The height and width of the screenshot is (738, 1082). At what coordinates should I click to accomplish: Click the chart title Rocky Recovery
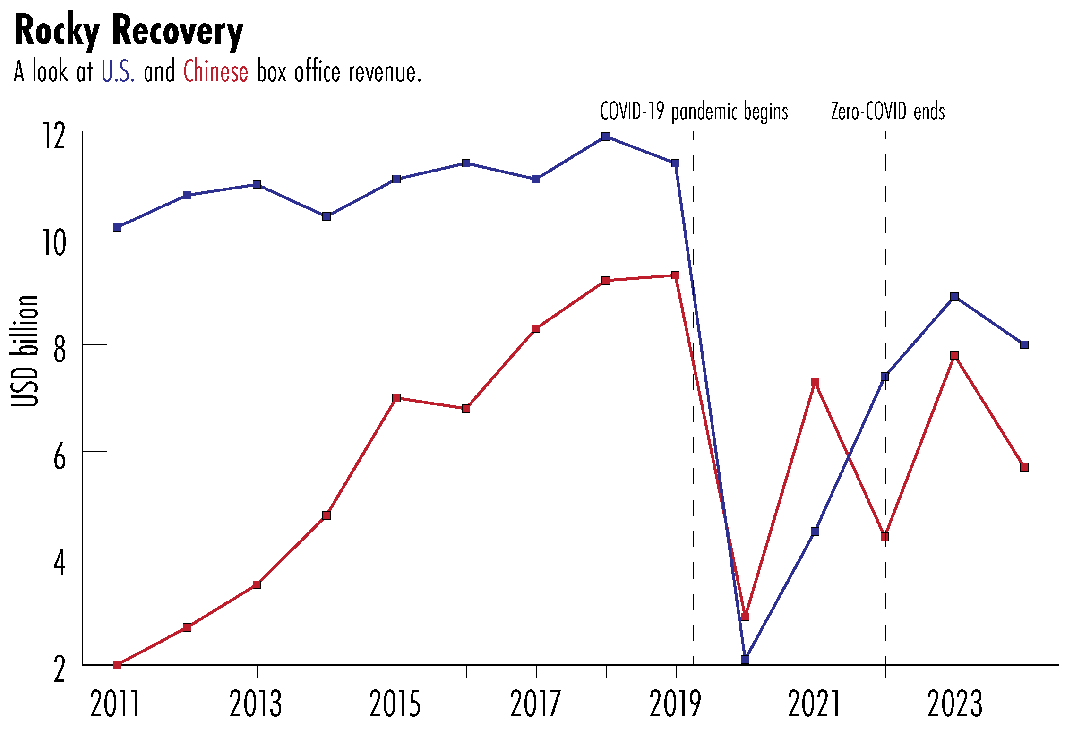coord(129,31)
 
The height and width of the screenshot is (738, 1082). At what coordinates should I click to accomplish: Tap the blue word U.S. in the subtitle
coord(118,72)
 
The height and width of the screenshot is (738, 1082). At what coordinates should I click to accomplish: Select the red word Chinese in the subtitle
coord(215,72)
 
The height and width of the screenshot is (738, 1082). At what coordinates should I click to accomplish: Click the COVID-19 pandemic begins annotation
coord(694,112)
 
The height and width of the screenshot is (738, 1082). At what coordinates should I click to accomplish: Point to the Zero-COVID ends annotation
coord(887,112)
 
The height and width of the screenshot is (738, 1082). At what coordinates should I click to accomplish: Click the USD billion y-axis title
coord(25,351)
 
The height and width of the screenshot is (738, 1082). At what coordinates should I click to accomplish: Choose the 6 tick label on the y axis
coord(60,457)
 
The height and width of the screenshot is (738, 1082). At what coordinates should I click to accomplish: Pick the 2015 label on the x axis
coord(395,704)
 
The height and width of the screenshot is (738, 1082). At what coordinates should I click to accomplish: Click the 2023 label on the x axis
coord(954,704)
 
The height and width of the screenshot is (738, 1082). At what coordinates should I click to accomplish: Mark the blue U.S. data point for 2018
coord(606,137)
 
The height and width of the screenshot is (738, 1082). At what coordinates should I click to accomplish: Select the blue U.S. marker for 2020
coord(745,659)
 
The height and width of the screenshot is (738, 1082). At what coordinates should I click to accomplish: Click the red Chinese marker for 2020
coord(745,617)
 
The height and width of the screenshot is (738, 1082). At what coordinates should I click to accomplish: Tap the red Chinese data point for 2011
coord(117,664)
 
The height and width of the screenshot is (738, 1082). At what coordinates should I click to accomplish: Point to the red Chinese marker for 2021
coord(815,382)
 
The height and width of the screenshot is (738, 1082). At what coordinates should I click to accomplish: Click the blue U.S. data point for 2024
coord(1024,344)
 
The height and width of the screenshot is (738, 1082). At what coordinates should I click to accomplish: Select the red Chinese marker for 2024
coord(1024,467)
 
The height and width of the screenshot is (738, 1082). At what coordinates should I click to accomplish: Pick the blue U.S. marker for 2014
coord(326,216)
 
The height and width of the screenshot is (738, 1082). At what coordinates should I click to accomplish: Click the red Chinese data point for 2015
coord(396,398)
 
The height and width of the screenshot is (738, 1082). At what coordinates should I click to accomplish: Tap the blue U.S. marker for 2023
coord(954,297)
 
